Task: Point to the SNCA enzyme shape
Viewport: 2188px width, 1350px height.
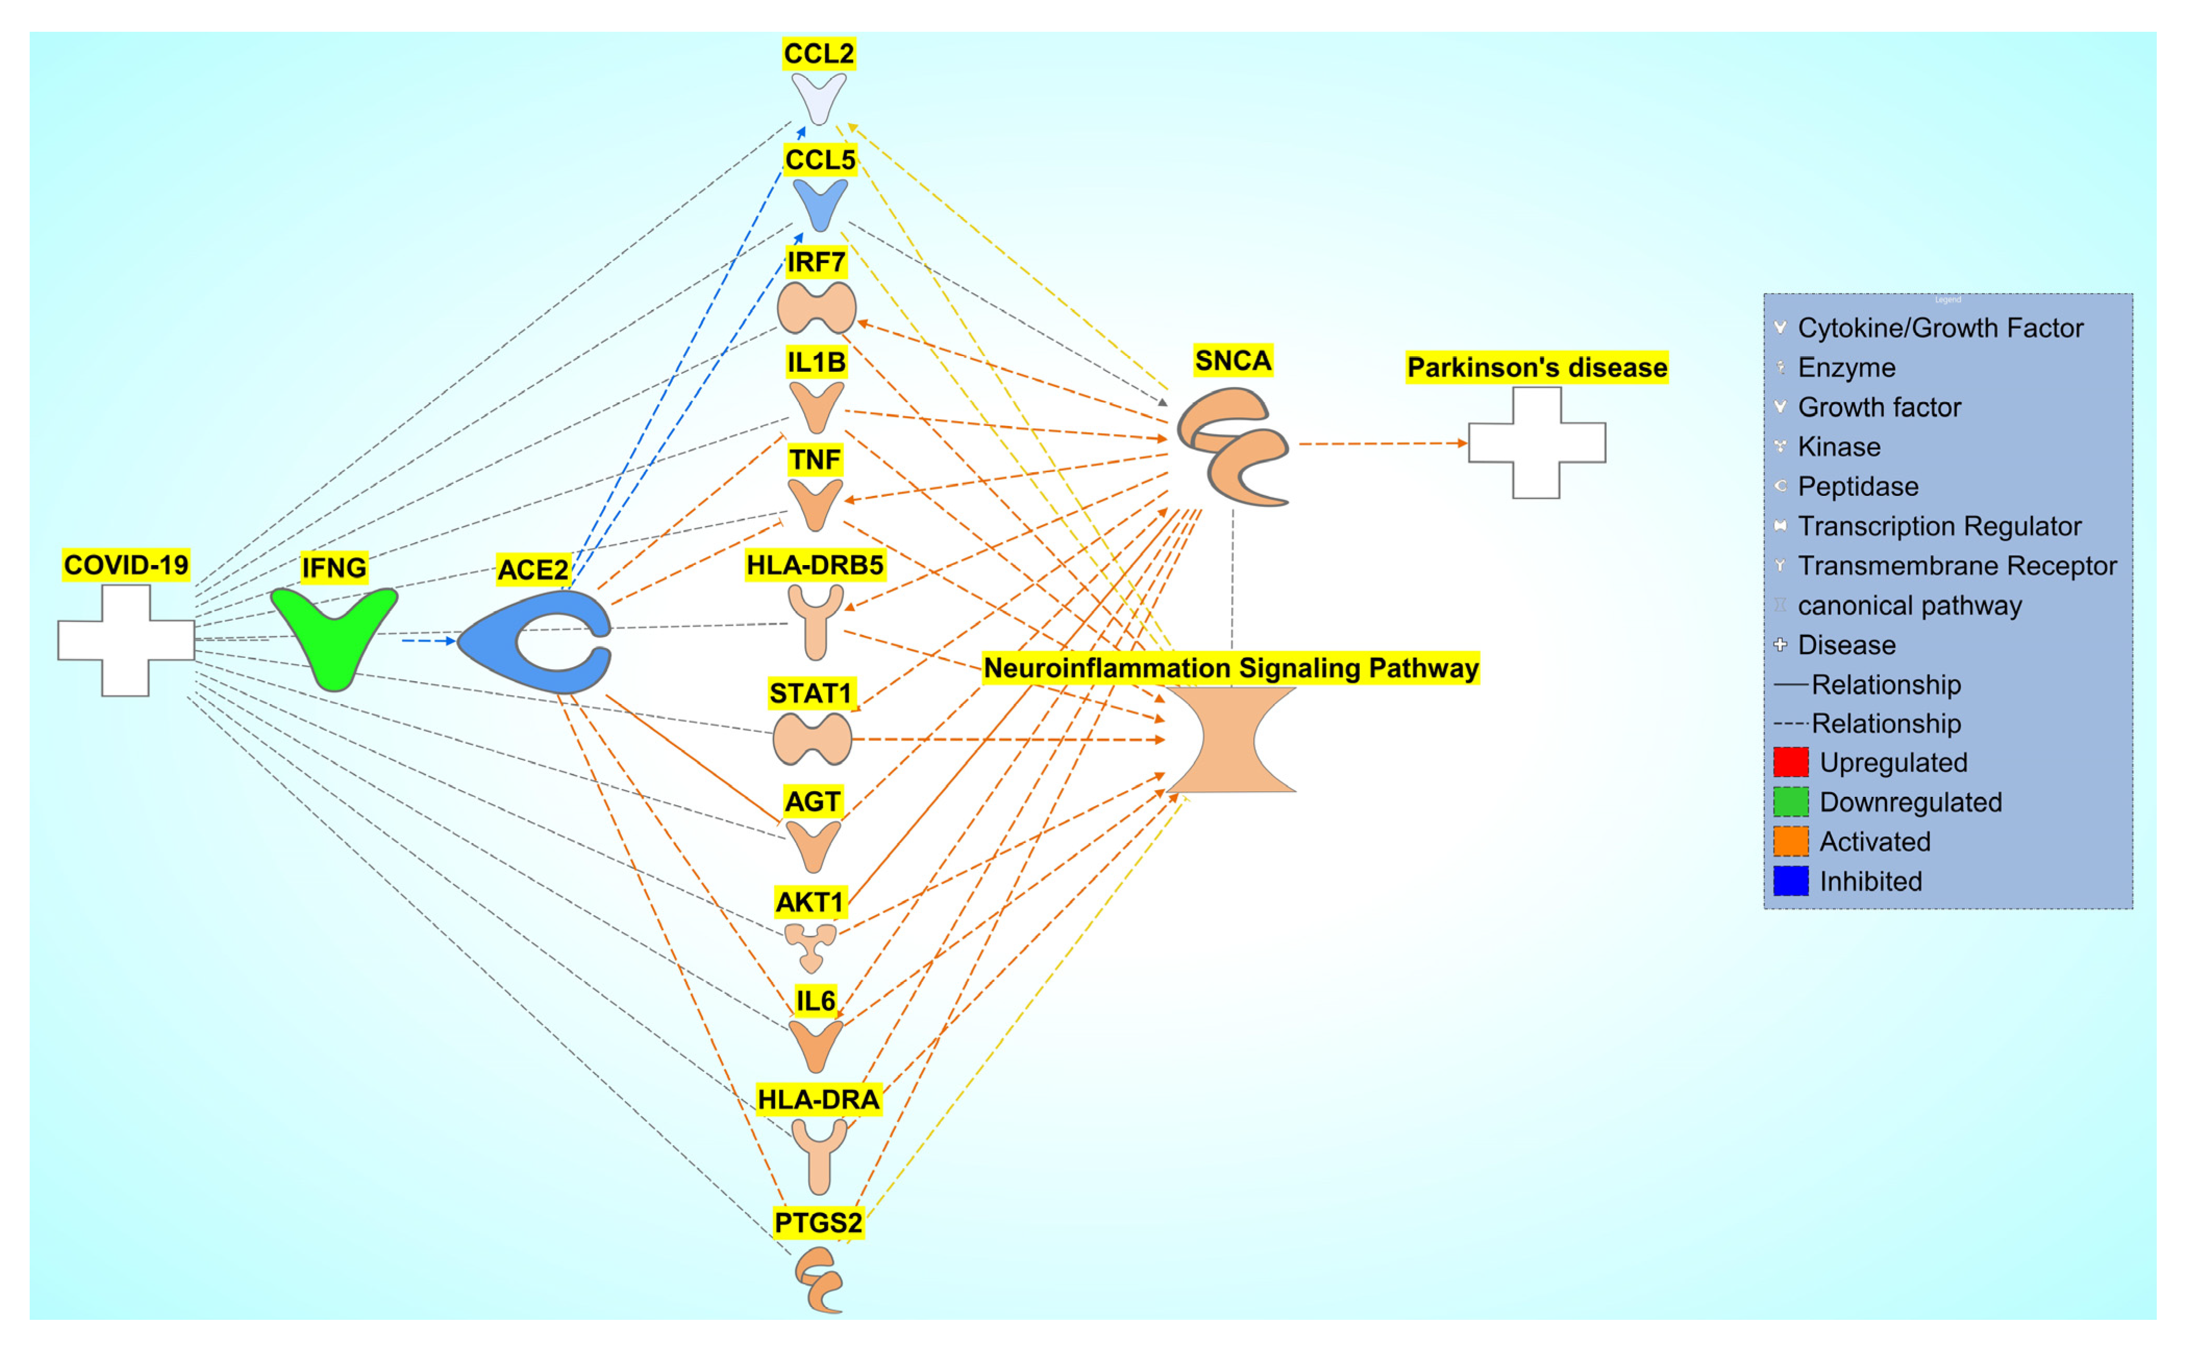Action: (1232, 446)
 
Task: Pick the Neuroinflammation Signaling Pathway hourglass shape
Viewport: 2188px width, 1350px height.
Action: (1230, 739)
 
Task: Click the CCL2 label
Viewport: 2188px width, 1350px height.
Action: (818, 54)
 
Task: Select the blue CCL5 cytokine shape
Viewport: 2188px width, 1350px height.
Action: (819, 202)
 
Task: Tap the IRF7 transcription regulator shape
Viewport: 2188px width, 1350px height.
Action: (816, 308)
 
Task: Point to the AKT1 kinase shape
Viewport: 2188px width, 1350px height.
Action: (810, 945)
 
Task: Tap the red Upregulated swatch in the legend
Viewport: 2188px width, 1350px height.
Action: (1790, 762)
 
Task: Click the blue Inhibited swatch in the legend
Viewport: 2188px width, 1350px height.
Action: (1790, 881)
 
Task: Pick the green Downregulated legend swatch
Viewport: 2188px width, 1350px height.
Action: (1790, 802)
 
